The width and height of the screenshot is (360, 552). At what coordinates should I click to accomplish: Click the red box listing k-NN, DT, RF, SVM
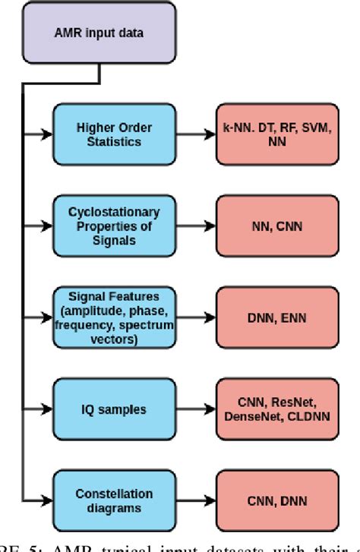pos(276,136)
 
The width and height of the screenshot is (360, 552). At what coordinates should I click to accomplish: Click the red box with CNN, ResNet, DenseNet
pos(276,409)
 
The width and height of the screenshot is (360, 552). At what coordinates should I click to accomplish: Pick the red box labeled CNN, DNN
pos(276,500)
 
